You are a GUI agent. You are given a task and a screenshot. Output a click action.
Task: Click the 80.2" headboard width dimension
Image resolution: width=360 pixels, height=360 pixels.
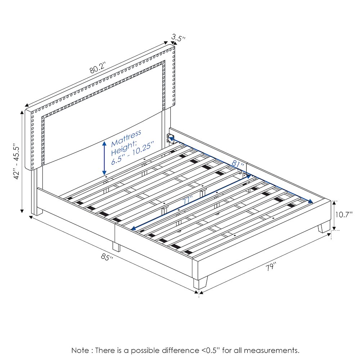(x=98, y=68)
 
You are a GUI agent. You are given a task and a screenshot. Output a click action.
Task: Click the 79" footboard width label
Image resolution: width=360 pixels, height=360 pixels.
(x=271, y=267)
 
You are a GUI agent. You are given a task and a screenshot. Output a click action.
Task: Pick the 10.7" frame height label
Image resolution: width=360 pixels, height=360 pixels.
(x=344, y=215)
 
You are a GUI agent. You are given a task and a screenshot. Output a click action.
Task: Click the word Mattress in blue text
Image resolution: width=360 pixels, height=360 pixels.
(x=126, y=138)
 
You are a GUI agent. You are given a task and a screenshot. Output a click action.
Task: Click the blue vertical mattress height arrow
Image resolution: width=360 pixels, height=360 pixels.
(x=104, y=158)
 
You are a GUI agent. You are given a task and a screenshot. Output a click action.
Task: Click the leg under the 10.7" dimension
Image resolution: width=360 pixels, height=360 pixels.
(x=324, y=227)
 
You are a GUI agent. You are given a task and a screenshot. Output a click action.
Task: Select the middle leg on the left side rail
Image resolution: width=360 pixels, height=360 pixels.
(x=116, y=247)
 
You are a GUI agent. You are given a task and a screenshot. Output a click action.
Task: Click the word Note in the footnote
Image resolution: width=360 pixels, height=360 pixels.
(x=81, y=350)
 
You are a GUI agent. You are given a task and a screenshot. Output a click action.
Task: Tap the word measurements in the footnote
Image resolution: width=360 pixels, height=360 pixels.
(x=271, y=351)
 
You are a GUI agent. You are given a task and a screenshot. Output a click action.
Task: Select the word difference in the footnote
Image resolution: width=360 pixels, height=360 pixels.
(x=180, y=350)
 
